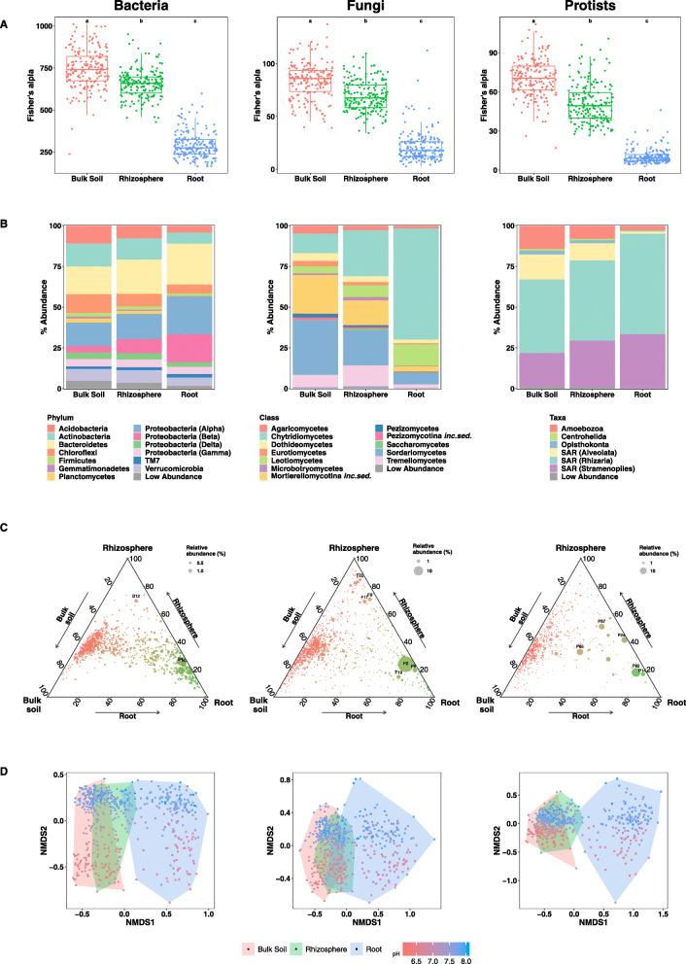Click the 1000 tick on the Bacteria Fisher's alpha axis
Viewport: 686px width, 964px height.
point(43,25)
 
